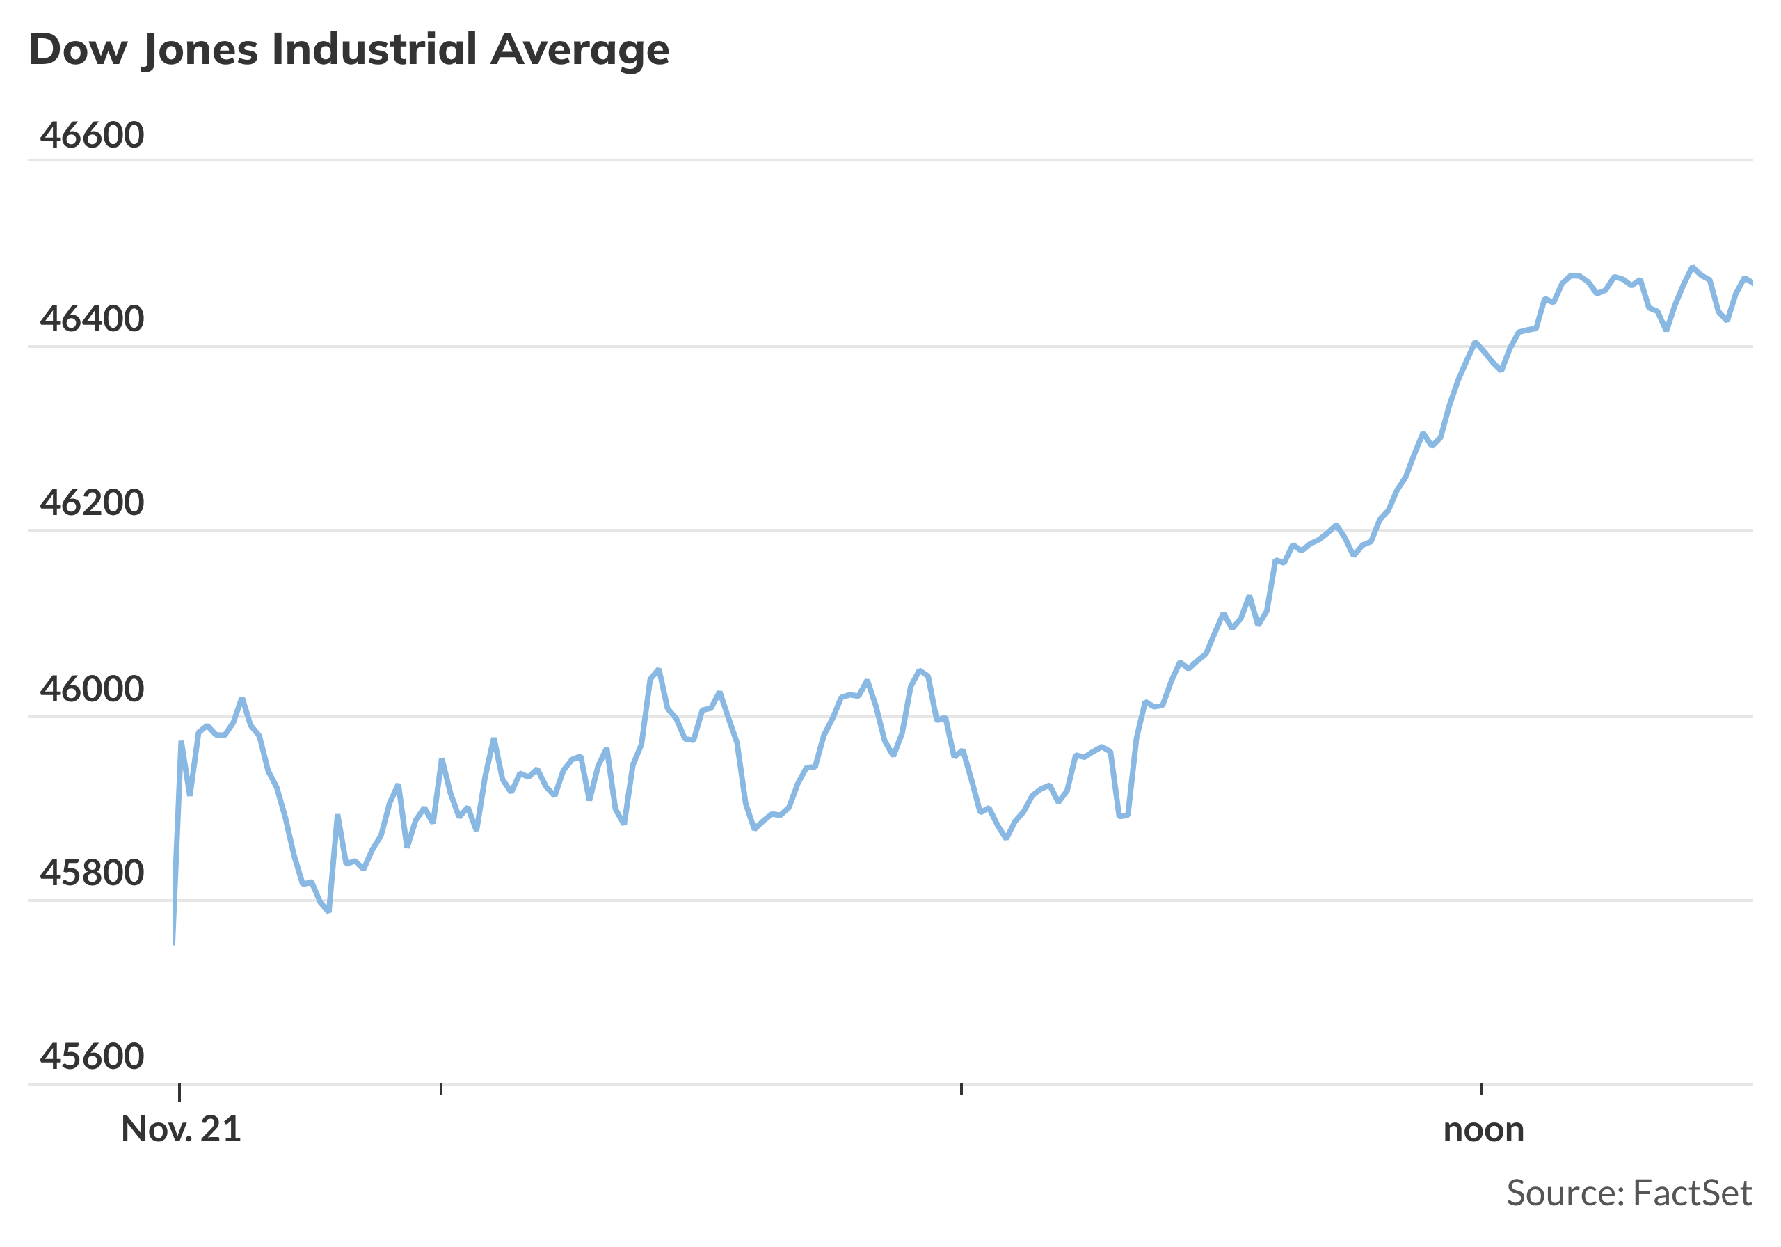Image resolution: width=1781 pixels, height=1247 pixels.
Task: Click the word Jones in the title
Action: (x=200, y=49)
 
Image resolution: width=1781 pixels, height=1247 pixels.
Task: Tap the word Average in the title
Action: (x=580, y=49)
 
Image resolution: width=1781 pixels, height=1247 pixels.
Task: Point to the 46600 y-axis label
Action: (x=92, y=135)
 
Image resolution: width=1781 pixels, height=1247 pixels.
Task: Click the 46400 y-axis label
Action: (x=92, y=319)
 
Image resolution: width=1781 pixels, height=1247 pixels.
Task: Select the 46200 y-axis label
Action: (x=92, y=503)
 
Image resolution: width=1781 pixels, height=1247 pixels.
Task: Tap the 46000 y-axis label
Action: (x=92, y=689)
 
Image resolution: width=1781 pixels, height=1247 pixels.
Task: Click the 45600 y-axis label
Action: (x=92, y=1057)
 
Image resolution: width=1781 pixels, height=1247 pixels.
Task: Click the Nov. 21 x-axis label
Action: (x=181, y=1130)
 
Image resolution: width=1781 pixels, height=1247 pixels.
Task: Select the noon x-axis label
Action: (x=1483, y=1130)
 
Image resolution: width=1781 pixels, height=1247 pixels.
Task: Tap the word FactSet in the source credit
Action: (x=1692, y=1193)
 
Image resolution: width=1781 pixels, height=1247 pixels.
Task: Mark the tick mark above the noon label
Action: (x=1482, y=1090)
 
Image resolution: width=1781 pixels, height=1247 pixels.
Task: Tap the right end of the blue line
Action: (x=1752, y=284)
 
